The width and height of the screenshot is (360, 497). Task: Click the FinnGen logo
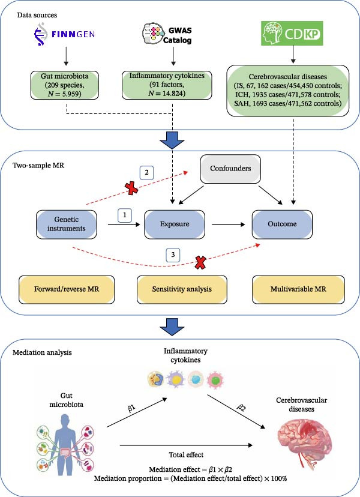click(x=64, y=34)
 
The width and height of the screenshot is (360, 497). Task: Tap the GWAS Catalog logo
click(x=167, y=34)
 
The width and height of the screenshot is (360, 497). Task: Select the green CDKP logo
click(x=292, y=33)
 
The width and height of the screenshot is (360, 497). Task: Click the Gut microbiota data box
click(x=65, y=85)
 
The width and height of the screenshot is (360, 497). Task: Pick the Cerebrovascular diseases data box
click(x=288, y=90)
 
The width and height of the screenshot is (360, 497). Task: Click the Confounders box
click(x=230, y=169)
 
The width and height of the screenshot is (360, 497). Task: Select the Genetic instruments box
click(x=66, y=224)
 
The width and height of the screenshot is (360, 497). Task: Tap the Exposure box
click(x=174, y=224)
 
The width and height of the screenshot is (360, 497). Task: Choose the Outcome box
click(x=282, y=224)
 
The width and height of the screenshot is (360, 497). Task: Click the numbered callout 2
click(x=147, y=173)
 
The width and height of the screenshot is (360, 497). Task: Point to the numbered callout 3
click(x=173, y=255)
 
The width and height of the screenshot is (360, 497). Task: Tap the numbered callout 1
click(x=125, y=215)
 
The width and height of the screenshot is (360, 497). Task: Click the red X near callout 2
click(x=131, y=188)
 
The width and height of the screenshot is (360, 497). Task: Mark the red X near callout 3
click(x=200, y=263)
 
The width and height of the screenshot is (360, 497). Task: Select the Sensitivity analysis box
click(x=182, y=289)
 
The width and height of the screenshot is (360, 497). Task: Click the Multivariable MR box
click(x=298, y=289)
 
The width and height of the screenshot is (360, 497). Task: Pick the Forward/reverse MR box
click(x=67, y=289)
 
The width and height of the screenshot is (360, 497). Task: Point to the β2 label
click(x=241, y=408)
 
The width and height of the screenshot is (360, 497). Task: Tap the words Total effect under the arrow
click(x=186, y=455)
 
